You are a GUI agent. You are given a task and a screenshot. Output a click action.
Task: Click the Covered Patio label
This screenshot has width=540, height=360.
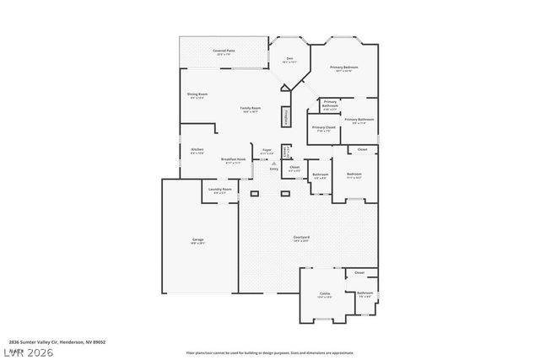pyautogui.click(x=224, y=52)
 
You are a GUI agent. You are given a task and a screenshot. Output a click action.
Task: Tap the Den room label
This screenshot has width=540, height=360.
pyautogui.click(x=289, y=59)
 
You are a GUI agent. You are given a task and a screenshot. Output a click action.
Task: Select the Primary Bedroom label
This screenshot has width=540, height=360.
pyautogui.click(x=343, y=67)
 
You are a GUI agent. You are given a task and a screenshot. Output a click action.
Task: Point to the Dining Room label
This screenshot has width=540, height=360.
pyautogui.click(x=198, y=94)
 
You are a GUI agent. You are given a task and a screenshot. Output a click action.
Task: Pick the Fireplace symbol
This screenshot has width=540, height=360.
pyautogui.click(x=287, y=116)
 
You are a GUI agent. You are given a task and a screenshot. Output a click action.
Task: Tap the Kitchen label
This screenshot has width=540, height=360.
pyautogui.click(x=197, y=150)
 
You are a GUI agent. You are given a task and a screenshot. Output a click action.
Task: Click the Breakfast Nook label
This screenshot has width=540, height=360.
pyautogui.click(x=233, y=160)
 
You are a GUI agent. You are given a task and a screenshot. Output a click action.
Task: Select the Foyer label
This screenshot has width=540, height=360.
pyautogui.click(x=267, y=150)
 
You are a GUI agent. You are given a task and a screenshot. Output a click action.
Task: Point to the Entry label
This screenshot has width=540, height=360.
pyautogui.click(x=274, y=169)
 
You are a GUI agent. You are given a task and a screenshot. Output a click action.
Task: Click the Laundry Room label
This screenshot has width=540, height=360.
pyautogui.click(x=220, y=190)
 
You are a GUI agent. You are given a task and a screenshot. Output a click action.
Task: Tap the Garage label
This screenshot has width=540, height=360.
pyautogui.click(x=197, y=240)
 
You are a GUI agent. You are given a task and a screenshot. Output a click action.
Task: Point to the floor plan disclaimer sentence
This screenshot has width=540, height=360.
pyautogui.click(x=270, y=352)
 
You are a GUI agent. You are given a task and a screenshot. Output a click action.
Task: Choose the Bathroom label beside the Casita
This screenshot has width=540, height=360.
pyautogui.click(x=364, y=293)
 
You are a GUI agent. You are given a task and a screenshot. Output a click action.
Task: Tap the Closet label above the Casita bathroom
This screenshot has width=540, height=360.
pyautogui.click(x=359, y=273)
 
